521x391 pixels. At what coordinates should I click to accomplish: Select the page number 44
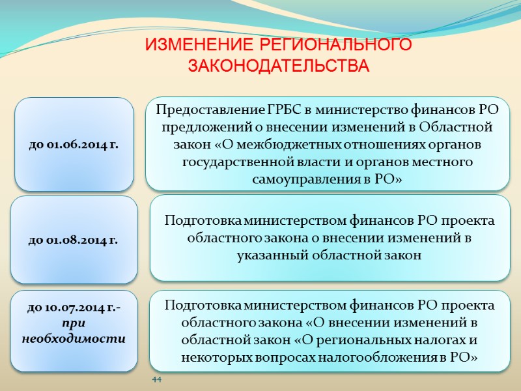click(x=156, y=379)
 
